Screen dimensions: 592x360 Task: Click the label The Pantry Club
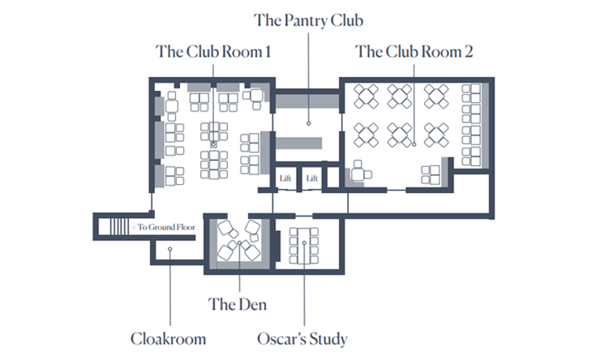tap(308, 20)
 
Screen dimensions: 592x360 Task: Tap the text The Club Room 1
tap(213, 52)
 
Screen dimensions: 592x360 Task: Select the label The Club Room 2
tap(414, 52)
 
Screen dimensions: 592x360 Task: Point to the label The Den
tap(238, 304)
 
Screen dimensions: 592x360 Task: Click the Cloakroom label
tap(169, 339)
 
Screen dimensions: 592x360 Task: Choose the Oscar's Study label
tap(302, 339)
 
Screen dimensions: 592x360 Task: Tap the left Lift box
tap(285, 178)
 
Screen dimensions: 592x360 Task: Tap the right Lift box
tap(312, 178)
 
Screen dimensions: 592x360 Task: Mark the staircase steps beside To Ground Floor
tap(119, 227)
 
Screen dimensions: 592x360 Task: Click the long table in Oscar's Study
tap(303, 246)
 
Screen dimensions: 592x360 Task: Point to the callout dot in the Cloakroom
tap(170, 249)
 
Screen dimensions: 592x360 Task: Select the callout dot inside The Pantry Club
tap(308, 123)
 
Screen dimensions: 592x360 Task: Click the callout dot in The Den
tap(239, 243)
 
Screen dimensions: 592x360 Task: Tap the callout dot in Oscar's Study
tap(304, 242)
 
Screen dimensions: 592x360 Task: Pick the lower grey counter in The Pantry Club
tap(298, 143)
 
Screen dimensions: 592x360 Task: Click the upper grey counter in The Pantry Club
tap(307, 101)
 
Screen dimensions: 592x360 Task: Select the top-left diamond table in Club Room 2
tap(366, 96)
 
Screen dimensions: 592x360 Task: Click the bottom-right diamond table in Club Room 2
tap(436, 135)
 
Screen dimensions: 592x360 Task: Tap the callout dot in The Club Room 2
tap(414, 144)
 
